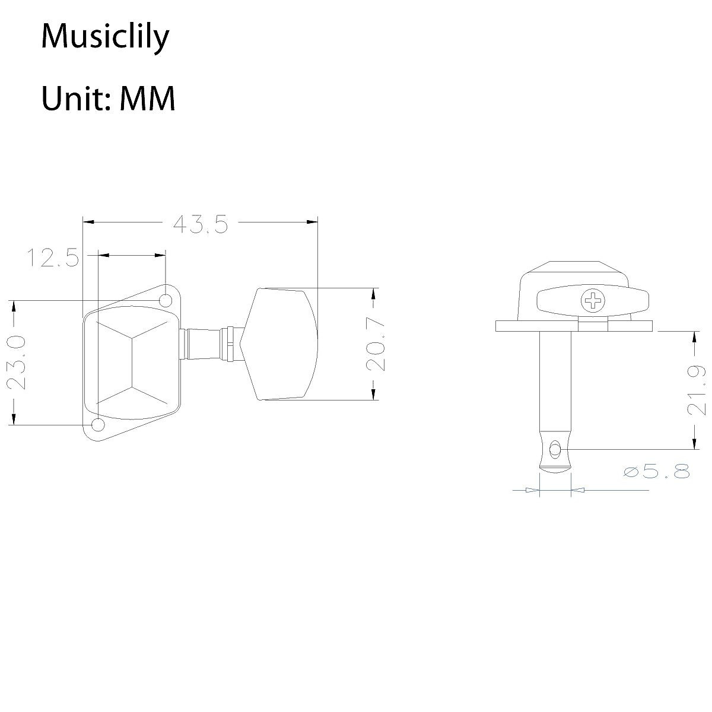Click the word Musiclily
click(x=105, y=37)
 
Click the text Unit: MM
click(x=108, y=98)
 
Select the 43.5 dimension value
click(x=200, y=224)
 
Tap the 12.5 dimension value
click(x=52, y=258)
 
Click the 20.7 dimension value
click(x=375, y=344)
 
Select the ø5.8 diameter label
click(x=657, y=472)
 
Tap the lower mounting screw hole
click(x=97, y=425)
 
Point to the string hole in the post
click(x=554, y=450)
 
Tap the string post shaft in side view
click(x=555, y=386)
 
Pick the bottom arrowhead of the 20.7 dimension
click(x=374, y=394)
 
